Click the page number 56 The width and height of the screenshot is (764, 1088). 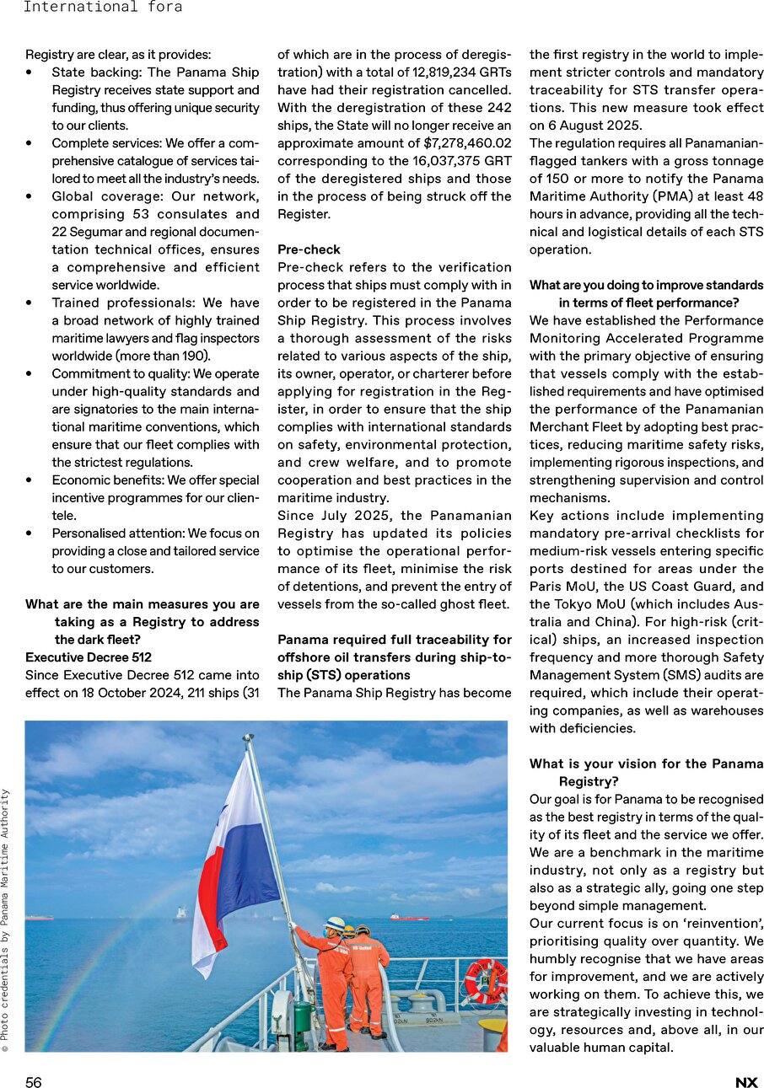tap(33, 1083)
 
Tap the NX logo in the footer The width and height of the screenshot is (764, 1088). tap(746, 1083)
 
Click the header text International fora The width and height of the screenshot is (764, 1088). tap(102, 8)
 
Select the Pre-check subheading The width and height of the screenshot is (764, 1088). tap(309, 249)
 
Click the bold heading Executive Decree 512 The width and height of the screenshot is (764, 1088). tap(89, 657)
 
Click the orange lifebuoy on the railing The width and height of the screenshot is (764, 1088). tap(485, 982)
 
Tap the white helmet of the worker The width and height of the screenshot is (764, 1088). tap(335, 924)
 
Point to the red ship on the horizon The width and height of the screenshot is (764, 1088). tap(409, 916)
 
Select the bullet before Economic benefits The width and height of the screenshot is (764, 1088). tap(30, 480)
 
